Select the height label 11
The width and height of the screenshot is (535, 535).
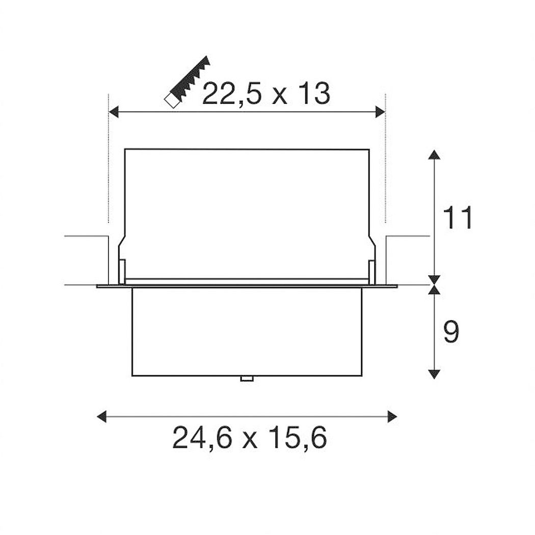tap(457, 218)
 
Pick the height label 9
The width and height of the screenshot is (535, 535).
tap(451, 331)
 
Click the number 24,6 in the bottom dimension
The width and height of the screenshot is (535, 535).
tap(203, 438)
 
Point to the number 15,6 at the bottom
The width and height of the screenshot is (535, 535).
tap(297, 438)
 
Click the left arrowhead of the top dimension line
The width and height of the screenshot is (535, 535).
tap(113, 112)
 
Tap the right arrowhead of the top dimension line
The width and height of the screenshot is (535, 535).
tap(380, 112)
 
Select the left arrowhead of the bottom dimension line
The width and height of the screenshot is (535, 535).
tap(102, 417)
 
